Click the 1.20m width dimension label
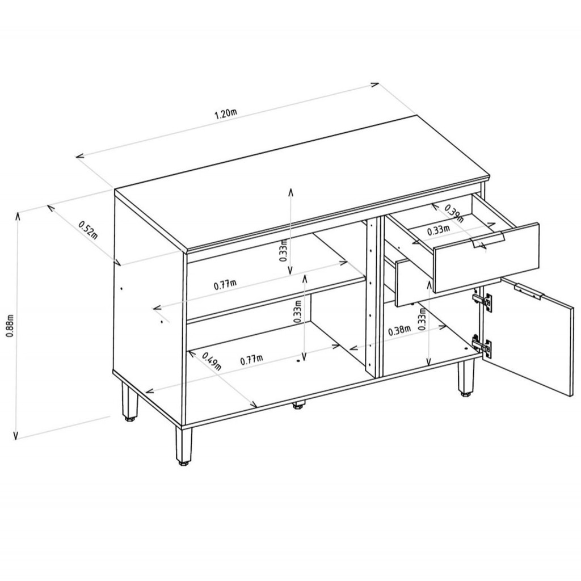pyautogui.click(x=226, y=113)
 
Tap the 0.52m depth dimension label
pyautogui.click(x=88, y=230)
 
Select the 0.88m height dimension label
pyautogui.click(x=10, y=326)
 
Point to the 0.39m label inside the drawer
pyautogui.click(x=454, y=213)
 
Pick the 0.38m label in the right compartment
pyautogui.click(x=399, y=330)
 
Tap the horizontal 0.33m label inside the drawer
pyautogui.click(x=439, y=230)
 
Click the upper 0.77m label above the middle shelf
pyautogui.click(x=225, y=285)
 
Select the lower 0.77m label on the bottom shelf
pyautogui.click(x=251, y=359)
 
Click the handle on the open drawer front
pyautogui.click(x=487, y=241)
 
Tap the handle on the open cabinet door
pyautogui.click(x=529, y=293)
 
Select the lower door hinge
pyautogui.click(x=482, y=347)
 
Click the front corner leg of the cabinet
pyautogui.click(x=184, y=446)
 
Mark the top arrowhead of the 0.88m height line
pyautogui.click(x=17, y=215)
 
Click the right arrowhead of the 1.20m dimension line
pyautogui.click(x=375, y=85)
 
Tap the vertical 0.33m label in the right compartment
pyautogui.click(x=422, y=319)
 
